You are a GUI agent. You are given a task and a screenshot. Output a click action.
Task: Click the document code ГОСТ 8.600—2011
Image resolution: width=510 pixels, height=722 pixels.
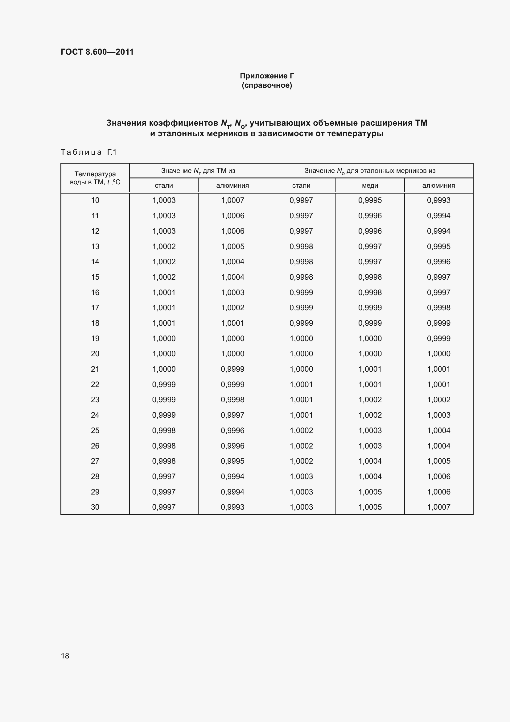97,52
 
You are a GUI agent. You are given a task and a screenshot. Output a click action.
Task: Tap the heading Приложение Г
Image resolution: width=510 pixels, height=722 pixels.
267,76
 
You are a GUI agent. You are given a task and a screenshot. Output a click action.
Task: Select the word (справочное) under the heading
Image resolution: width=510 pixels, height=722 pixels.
267,86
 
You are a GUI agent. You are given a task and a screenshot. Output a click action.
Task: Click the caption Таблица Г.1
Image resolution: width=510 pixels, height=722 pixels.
88,152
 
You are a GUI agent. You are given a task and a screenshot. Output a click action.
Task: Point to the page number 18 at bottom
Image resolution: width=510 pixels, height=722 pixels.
65,656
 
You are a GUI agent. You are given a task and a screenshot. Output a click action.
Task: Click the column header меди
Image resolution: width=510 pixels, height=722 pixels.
370,186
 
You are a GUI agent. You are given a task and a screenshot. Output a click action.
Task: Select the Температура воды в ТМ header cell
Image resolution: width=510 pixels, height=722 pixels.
95,178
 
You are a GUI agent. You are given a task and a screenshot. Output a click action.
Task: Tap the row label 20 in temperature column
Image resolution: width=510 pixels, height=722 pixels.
95,354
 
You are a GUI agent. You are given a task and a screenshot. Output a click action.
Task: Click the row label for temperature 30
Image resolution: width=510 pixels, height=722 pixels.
95,507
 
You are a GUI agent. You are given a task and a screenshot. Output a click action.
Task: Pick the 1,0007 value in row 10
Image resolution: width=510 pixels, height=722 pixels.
232,200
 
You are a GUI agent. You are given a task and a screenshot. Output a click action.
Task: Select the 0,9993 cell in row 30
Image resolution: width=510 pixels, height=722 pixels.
232,507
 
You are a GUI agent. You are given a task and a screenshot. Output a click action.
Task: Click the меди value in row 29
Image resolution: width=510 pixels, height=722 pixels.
370,492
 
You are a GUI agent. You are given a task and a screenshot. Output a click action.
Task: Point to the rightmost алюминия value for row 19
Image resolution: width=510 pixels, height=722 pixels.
438,338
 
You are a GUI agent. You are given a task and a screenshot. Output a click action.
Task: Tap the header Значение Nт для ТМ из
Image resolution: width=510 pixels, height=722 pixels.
198,171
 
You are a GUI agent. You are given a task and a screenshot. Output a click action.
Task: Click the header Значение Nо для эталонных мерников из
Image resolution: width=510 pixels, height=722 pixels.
370,171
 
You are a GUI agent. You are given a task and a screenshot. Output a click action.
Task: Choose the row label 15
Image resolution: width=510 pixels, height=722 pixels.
95,277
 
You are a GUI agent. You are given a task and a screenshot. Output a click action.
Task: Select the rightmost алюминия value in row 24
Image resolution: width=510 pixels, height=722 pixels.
438,415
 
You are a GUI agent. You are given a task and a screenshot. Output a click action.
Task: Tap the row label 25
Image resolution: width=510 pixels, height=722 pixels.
95,431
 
